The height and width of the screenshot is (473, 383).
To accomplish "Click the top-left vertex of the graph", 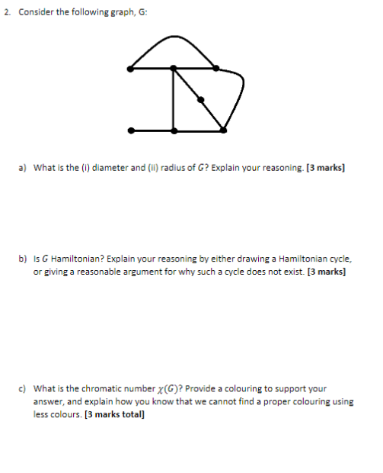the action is (132, 69).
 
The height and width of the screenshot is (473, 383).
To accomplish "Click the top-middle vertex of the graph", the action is (174, 69).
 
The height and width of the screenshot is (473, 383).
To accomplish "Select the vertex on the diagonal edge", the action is (200, 99).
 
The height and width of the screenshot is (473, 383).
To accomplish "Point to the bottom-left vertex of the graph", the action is (132, 130).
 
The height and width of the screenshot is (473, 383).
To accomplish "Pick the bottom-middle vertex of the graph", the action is (174, 130).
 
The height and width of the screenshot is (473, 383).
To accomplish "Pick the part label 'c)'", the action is (23, 388).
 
